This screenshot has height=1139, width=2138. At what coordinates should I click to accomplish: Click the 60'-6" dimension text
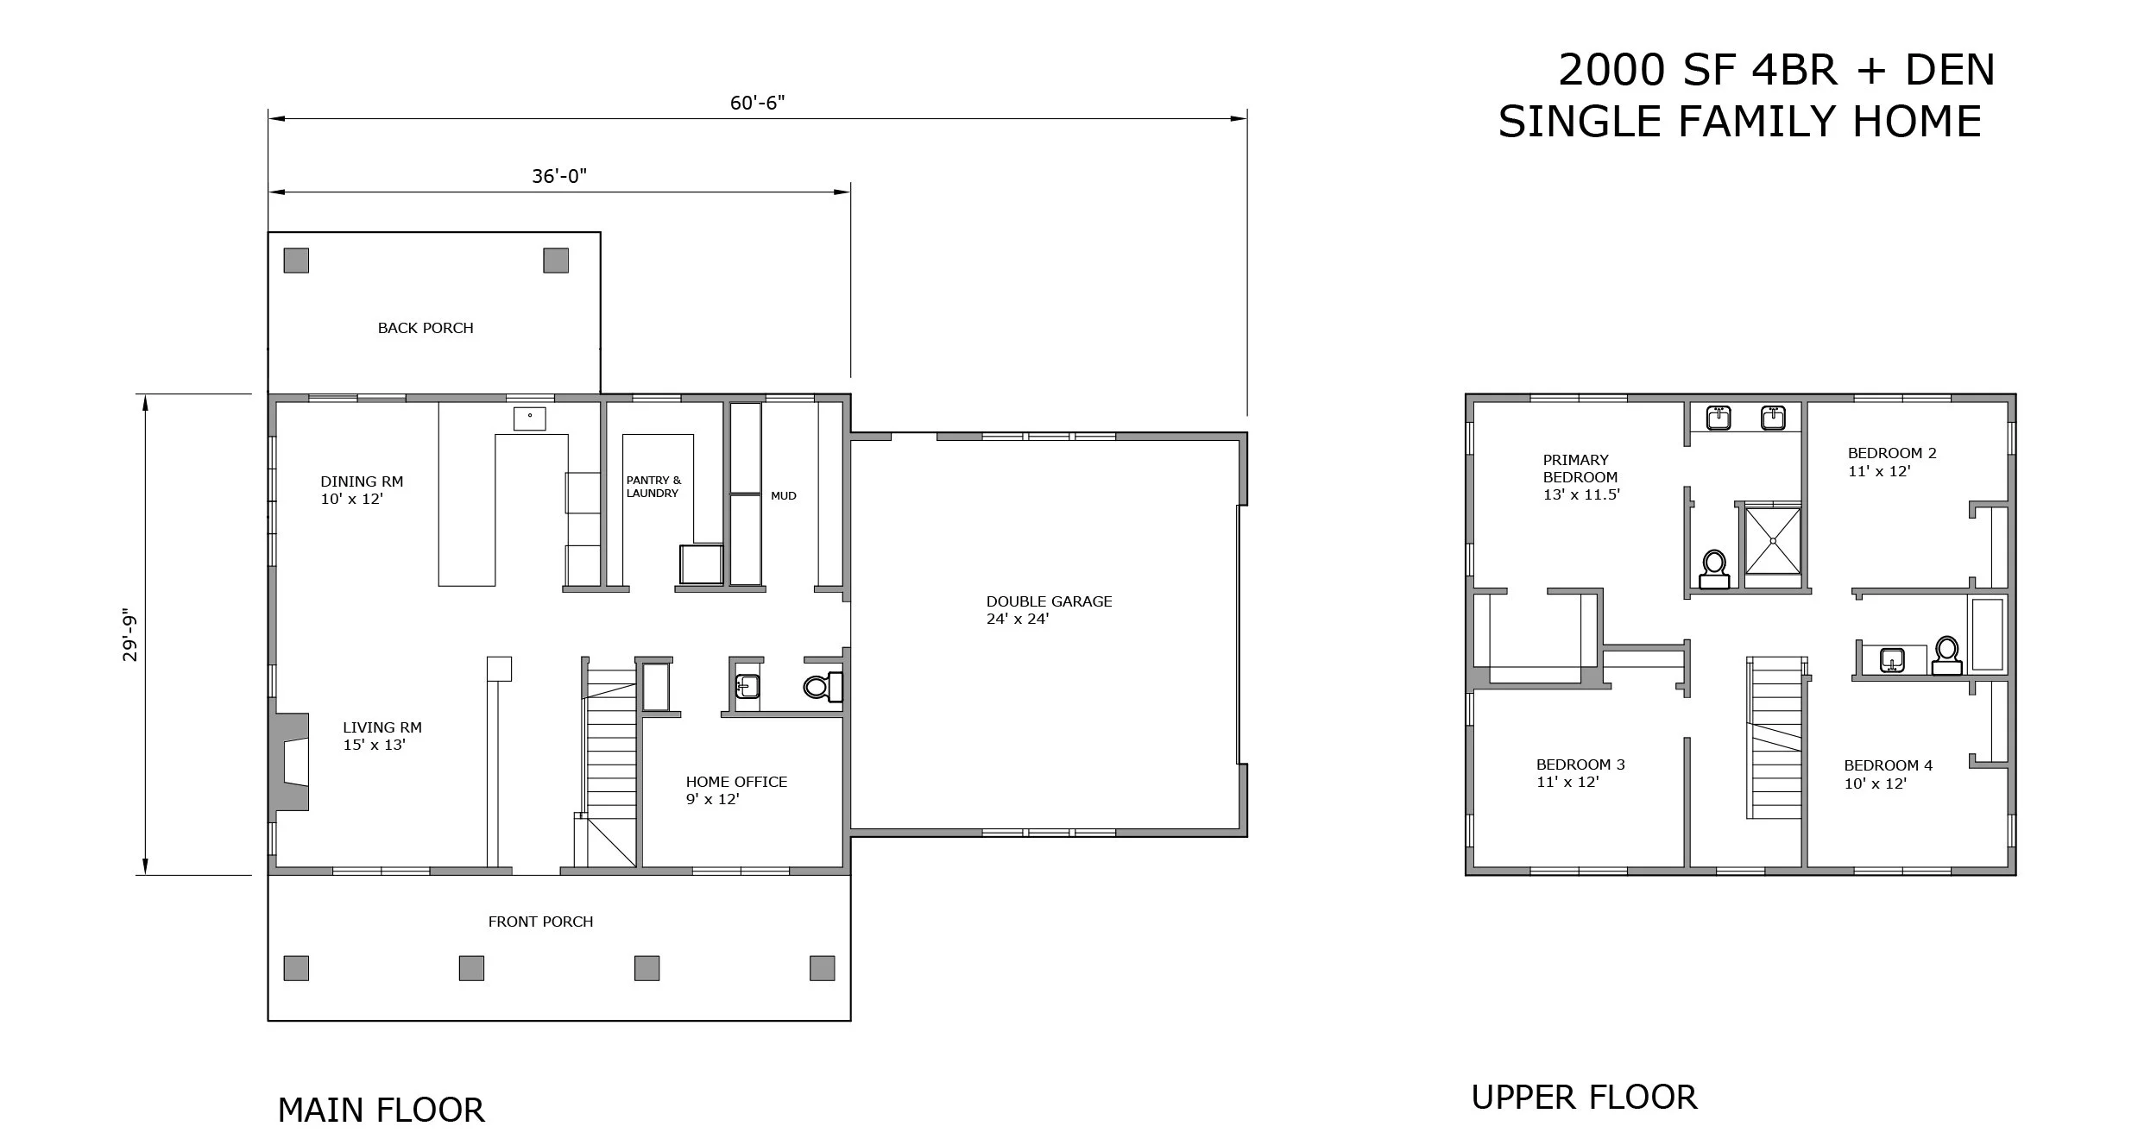[x=757, y=104]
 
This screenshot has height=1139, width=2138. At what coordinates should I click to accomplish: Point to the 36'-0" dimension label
[x=559, y=177]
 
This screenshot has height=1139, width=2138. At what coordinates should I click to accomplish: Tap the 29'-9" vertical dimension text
[x=130, y=637]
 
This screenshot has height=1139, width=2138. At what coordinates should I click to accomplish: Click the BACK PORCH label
[x=426, y=328]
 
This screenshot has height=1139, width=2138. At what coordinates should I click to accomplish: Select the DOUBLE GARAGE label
[x=1049, y=601]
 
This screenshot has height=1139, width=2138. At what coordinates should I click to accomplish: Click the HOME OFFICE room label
[x=736, y=782]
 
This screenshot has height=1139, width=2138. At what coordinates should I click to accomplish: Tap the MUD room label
[x=784, y=496]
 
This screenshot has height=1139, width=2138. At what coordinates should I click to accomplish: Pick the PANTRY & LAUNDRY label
[x=653, y=487]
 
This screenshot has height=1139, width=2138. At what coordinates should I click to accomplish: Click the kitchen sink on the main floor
[x=530, y=418]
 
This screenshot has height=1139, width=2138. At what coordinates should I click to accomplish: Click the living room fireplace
[x=290, y=762]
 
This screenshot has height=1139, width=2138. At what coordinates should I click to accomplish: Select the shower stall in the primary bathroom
[x=1773, y=540]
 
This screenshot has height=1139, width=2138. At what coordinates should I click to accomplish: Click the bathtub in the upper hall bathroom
[x=1988, y=633]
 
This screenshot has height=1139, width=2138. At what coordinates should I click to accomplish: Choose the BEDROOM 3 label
[x=1580, y=765]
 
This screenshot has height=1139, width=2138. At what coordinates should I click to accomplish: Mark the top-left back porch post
[x=296, y=261]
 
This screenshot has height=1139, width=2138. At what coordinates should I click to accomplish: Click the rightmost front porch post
[x=822, y=968]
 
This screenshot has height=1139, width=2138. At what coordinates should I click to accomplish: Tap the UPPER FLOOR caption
[x=1584, y=1098]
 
